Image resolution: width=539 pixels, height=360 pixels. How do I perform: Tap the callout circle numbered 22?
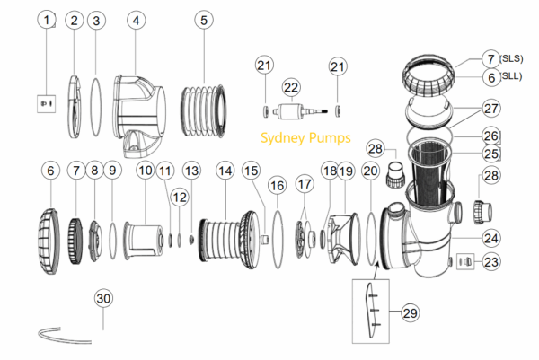(x=290, y=87)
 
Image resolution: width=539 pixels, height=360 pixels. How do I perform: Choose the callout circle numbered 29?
(x=411, y=312)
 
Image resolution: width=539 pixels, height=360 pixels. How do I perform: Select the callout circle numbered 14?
(x=225, y=170)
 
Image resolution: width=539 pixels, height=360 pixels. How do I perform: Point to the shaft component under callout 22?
(x=296, y=113)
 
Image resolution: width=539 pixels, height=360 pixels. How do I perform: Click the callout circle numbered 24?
(x=490, y=238)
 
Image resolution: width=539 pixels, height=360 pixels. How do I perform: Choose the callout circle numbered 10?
(x=146, y=170)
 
